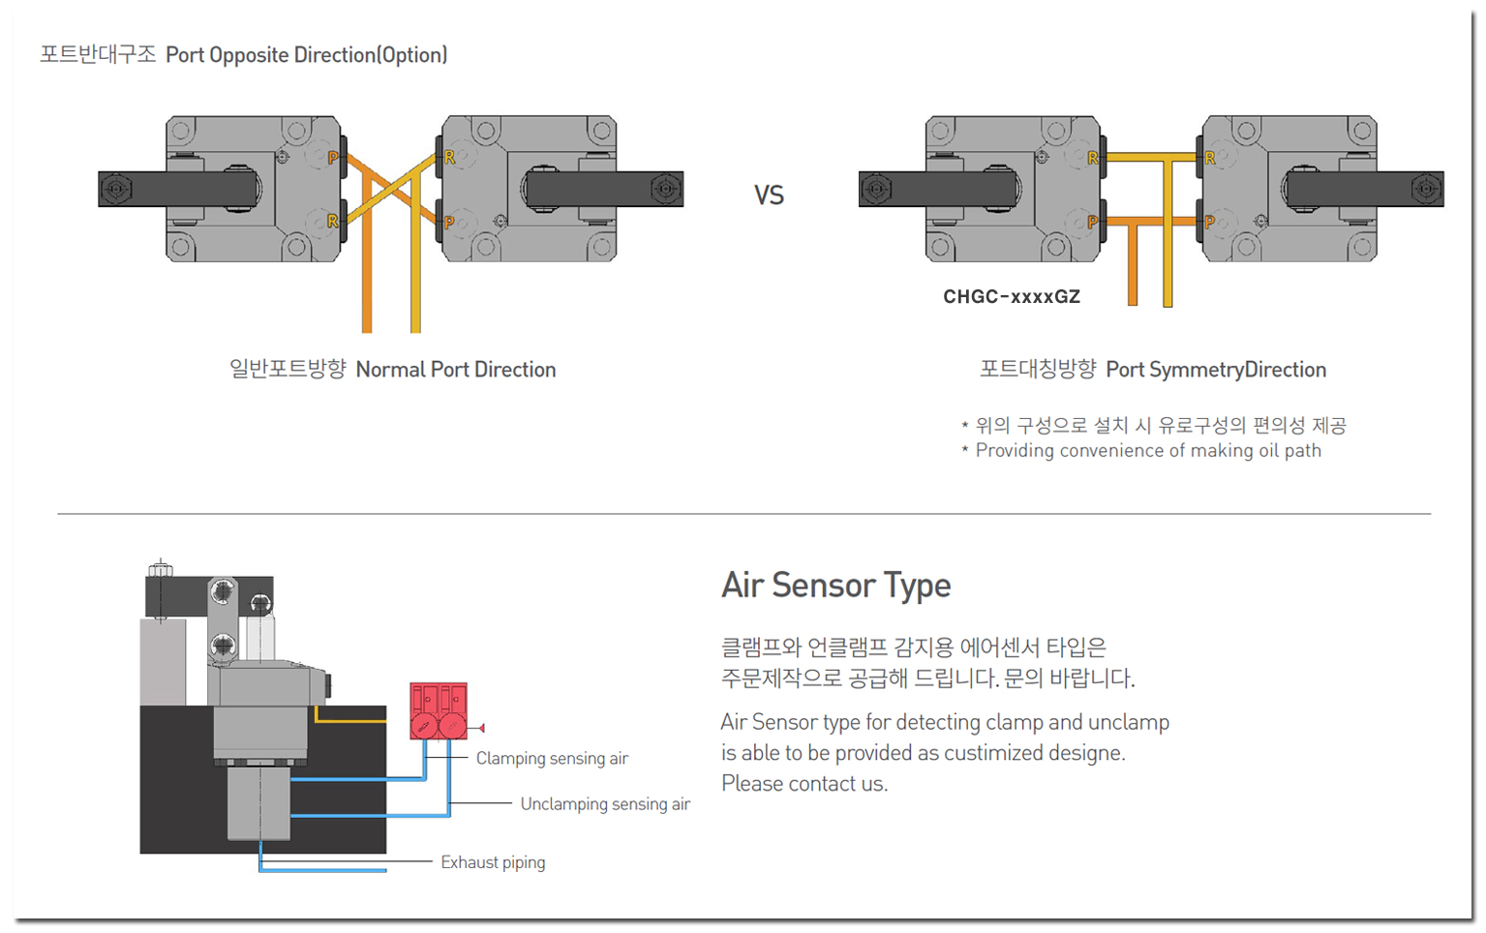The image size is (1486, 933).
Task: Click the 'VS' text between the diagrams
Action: click(x=769, y=196)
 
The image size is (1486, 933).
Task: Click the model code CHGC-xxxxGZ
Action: click(x=1012, y=297)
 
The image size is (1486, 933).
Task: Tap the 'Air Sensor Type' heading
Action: click(x=835, y=586)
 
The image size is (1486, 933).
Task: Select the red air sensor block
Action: click(x=439, y=711)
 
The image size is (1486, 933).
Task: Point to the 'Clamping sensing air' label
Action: click(x=552, y=759)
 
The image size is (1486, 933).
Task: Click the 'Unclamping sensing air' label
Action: click(x=605, y=804)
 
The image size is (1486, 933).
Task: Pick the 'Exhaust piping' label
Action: click(x=493, y=862)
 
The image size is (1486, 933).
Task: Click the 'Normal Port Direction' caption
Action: click(x=456, y=370)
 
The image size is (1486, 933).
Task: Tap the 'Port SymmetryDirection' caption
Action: click(x=1216, y=370)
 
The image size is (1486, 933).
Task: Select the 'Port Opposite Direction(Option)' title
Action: click(x=307, y=55)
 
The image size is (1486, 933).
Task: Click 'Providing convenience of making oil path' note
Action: click(x=1148, y=451)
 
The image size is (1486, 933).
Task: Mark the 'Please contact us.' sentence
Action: click(x=804, y=784)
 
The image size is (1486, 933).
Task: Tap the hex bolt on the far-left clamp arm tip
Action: click(x=115, y=189)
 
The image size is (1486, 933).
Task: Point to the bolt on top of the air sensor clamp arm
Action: click(x=161, y=568)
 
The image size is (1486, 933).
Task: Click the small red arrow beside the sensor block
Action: click(x=481, y=728)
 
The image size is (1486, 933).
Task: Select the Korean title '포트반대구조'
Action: click(x=98, y=54)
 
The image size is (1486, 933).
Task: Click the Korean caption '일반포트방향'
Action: click(x=288, y=369)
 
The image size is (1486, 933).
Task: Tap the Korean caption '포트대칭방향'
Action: click(x=1038, y=369)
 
